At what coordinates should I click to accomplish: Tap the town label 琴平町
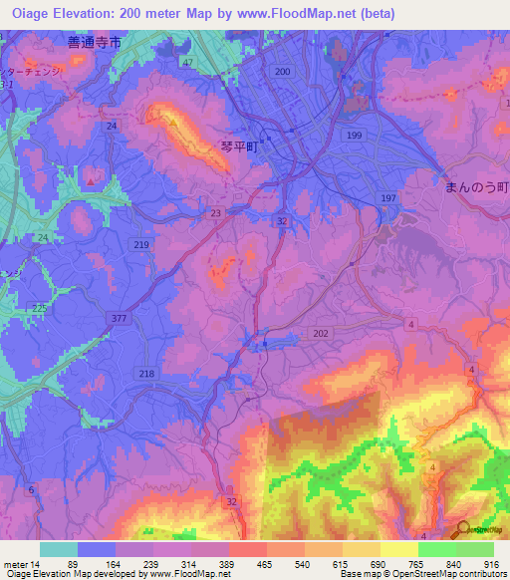(239, 145)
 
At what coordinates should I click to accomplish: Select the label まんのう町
(475, 185)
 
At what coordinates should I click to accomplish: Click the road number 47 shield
(186, 63)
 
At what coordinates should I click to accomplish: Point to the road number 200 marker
(283, 73)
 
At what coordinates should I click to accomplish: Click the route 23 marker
(216, 212)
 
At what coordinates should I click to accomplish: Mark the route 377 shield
(120, 318)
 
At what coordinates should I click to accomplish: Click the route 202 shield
(320, 334)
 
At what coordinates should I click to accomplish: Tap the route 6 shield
(31, 489)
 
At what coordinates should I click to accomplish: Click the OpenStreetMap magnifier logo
(462, 529)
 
